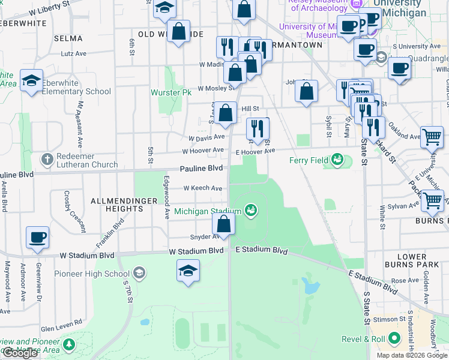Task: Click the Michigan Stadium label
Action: click(x=208, y=211)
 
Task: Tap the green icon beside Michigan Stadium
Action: click(x=252, y=210)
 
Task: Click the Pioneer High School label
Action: click(x=92, y=274)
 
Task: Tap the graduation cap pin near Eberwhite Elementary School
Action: click(x=30, y=80)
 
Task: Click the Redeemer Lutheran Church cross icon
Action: click(x=47, y=160)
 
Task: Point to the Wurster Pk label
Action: click(x=171, y=93)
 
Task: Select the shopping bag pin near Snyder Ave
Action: click(x=223, y=225)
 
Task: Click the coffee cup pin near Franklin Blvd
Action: click(x=37, y=237)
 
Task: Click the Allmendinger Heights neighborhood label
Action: click(x=117, y=204)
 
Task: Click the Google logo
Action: click(x=20, y=353)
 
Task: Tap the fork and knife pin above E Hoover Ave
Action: click(x=258, y=128)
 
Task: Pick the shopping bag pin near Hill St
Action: click(x=226, y=113)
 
